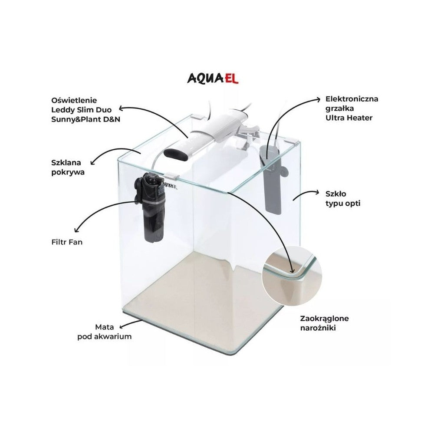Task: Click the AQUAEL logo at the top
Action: [x=213, y=78]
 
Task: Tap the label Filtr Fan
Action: [x=67, y=242]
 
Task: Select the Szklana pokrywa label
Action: [x=68, y=168]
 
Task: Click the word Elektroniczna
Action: [x=352, y=99]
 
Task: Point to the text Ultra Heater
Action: [x=349, y=118]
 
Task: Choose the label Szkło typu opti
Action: [x=343, y=198]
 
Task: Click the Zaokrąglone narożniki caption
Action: [x=324, y=323]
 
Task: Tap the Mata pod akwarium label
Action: [x=104, y=332]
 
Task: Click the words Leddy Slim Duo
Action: [x=82, y=110]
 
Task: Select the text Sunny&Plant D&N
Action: [x=86, y=120]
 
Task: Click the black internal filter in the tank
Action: [x=151, y=206]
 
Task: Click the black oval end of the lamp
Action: [x=176, y=153]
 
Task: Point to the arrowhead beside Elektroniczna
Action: [x=319, y=100]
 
